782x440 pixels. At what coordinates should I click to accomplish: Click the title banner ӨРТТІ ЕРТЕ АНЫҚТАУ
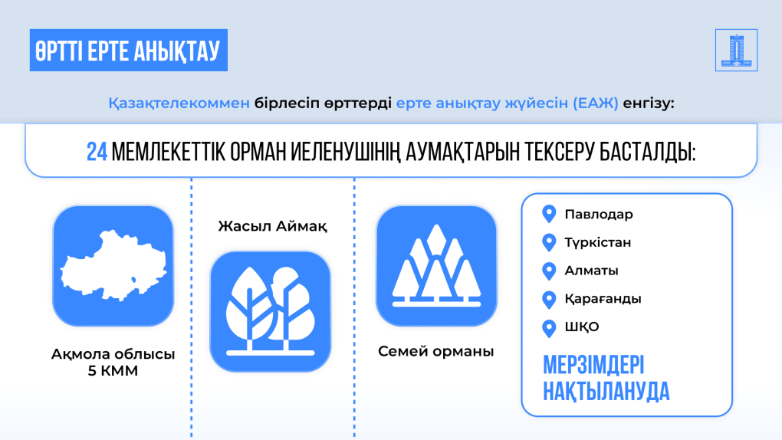point(129,50)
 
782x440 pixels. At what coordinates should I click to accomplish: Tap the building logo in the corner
point(736,50)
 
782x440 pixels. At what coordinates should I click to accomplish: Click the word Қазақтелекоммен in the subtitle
point(179,103)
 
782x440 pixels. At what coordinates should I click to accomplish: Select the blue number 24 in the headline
point(97,152)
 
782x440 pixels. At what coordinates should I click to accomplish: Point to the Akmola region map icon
point(113,266)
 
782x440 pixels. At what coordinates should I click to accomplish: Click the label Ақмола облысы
point(113,354)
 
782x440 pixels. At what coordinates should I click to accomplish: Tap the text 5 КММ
point(113,371)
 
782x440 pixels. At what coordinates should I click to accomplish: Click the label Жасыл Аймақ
point(272,226)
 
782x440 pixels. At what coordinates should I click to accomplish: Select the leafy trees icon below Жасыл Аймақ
point(271,312)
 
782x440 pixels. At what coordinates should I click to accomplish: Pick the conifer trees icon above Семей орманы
point(436,266)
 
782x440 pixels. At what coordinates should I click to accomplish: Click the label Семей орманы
point(436,351)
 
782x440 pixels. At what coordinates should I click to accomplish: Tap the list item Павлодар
point(599,215)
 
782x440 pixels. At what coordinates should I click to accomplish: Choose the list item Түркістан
point(597,242)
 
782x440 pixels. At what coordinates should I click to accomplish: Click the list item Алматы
point(592,271)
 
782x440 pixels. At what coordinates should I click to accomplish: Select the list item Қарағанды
point(603,299)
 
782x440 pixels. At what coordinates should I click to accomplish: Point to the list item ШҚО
point(581,327)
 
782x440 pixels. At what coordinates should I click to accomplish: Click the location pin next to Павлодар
point(549,214)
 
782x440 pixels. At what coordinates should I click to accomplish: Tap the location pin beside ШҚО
point(549,329)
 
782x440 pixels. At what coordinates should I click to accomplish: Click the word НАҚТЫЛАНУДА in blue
point(606,391)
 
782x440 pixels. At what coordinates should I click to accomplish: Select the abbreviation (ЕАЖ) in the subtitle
point(596,103)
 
